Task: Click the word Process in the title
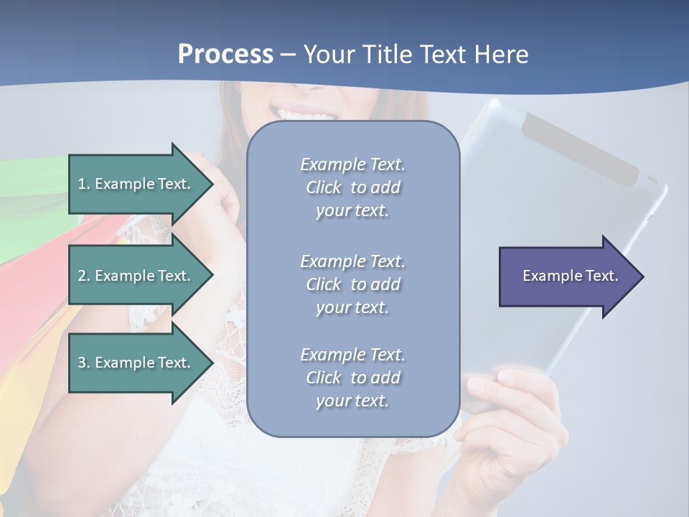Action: (225, 55)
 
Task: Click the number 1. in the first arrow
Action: (84, 184)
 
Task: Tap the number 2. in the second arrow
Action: (84, 276)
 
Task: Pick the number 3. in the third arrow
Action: (84, 363)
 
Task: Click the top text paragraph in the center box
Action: (352, 187)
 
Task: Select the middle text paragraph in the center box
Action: (352, 284)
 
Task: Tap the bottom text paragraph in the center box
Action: (352, 378)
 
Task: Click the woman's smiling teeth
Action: (309, 114)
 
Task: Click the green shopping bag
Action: (29, 208)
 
